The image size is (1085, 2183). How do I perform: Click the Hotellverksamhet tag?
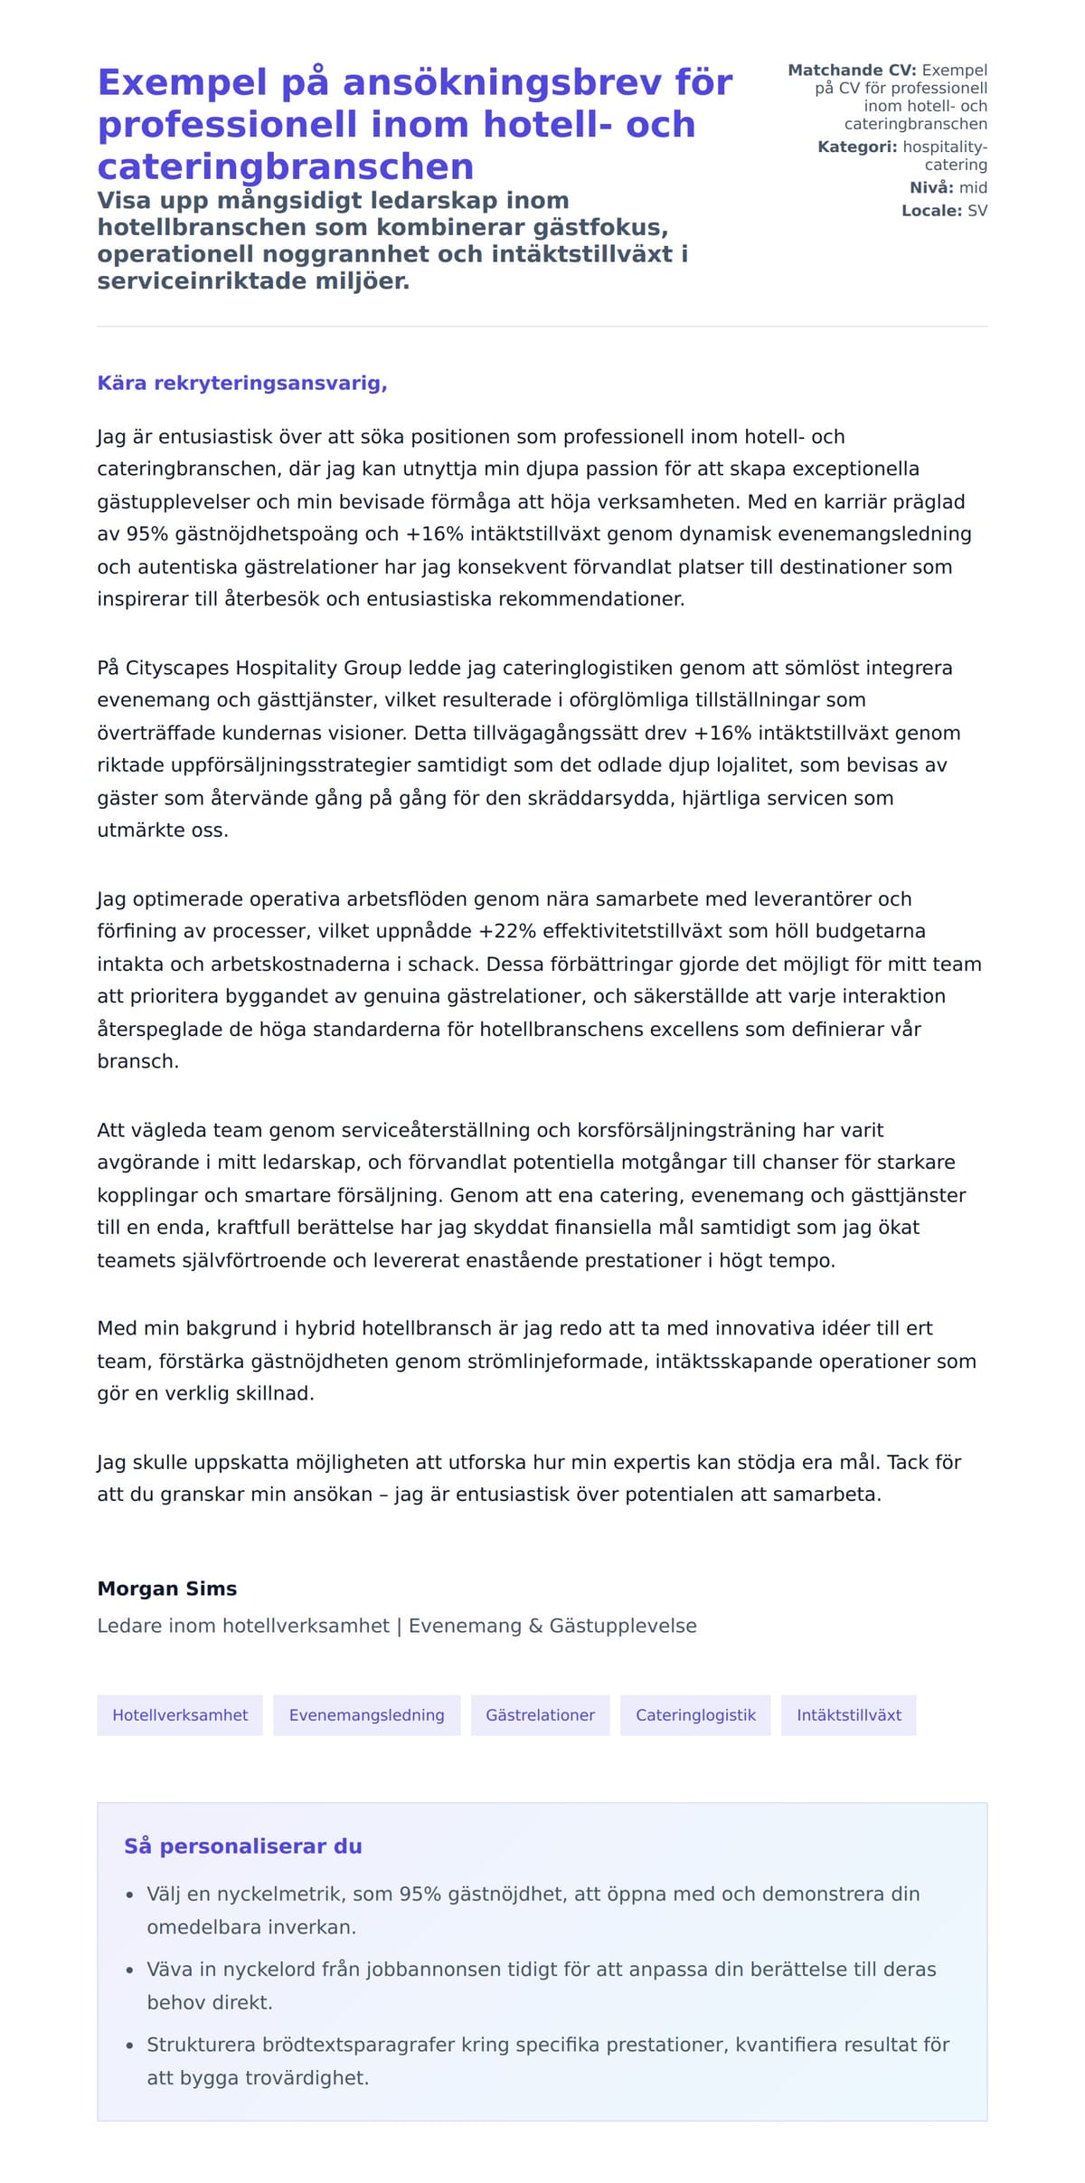coord(180,1715)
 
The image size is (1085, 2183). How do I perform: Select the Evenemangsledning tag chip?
coord(366,1715)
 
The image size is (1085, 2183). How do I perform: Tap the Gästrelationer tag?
coord(540,1715)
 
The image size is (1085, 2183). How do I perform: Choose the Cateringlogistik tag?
coord(695,1715)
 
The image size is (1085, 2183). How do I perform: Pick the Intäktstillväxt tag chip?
coord(848,1715)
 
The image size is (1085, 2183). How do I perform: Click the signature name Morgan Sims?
coord(167,1589)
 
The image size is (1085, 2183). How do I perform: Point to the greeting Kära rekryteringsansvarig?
coord(242,383)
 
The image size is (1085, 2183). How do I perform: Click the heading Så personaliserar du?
coord(242,1846)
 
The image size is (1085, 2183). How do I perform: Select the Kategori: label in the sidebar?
coord(857,147)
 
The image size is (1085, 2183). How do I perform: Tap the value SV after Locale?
coord(977,211)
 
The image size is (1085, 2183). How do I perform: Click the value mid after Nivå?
coord(973,187)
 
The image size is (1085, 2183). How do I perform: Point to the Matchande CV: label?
coord(852,70)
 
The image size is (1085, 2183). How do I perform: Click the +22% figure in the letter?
coord(500,931)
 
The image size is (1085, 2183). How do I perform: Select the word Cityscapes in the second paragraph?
coord(177,668)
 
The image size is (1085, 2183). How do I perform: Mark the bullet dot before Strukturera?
coord(129,2045)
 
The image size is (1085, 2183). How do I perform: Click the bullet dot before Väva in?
coord(129,1970)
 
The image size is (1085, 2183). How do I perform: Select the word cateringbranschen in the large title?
coord(286,167)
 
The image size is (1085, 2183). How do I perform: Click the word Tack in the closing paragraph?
coord(907,1462)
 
